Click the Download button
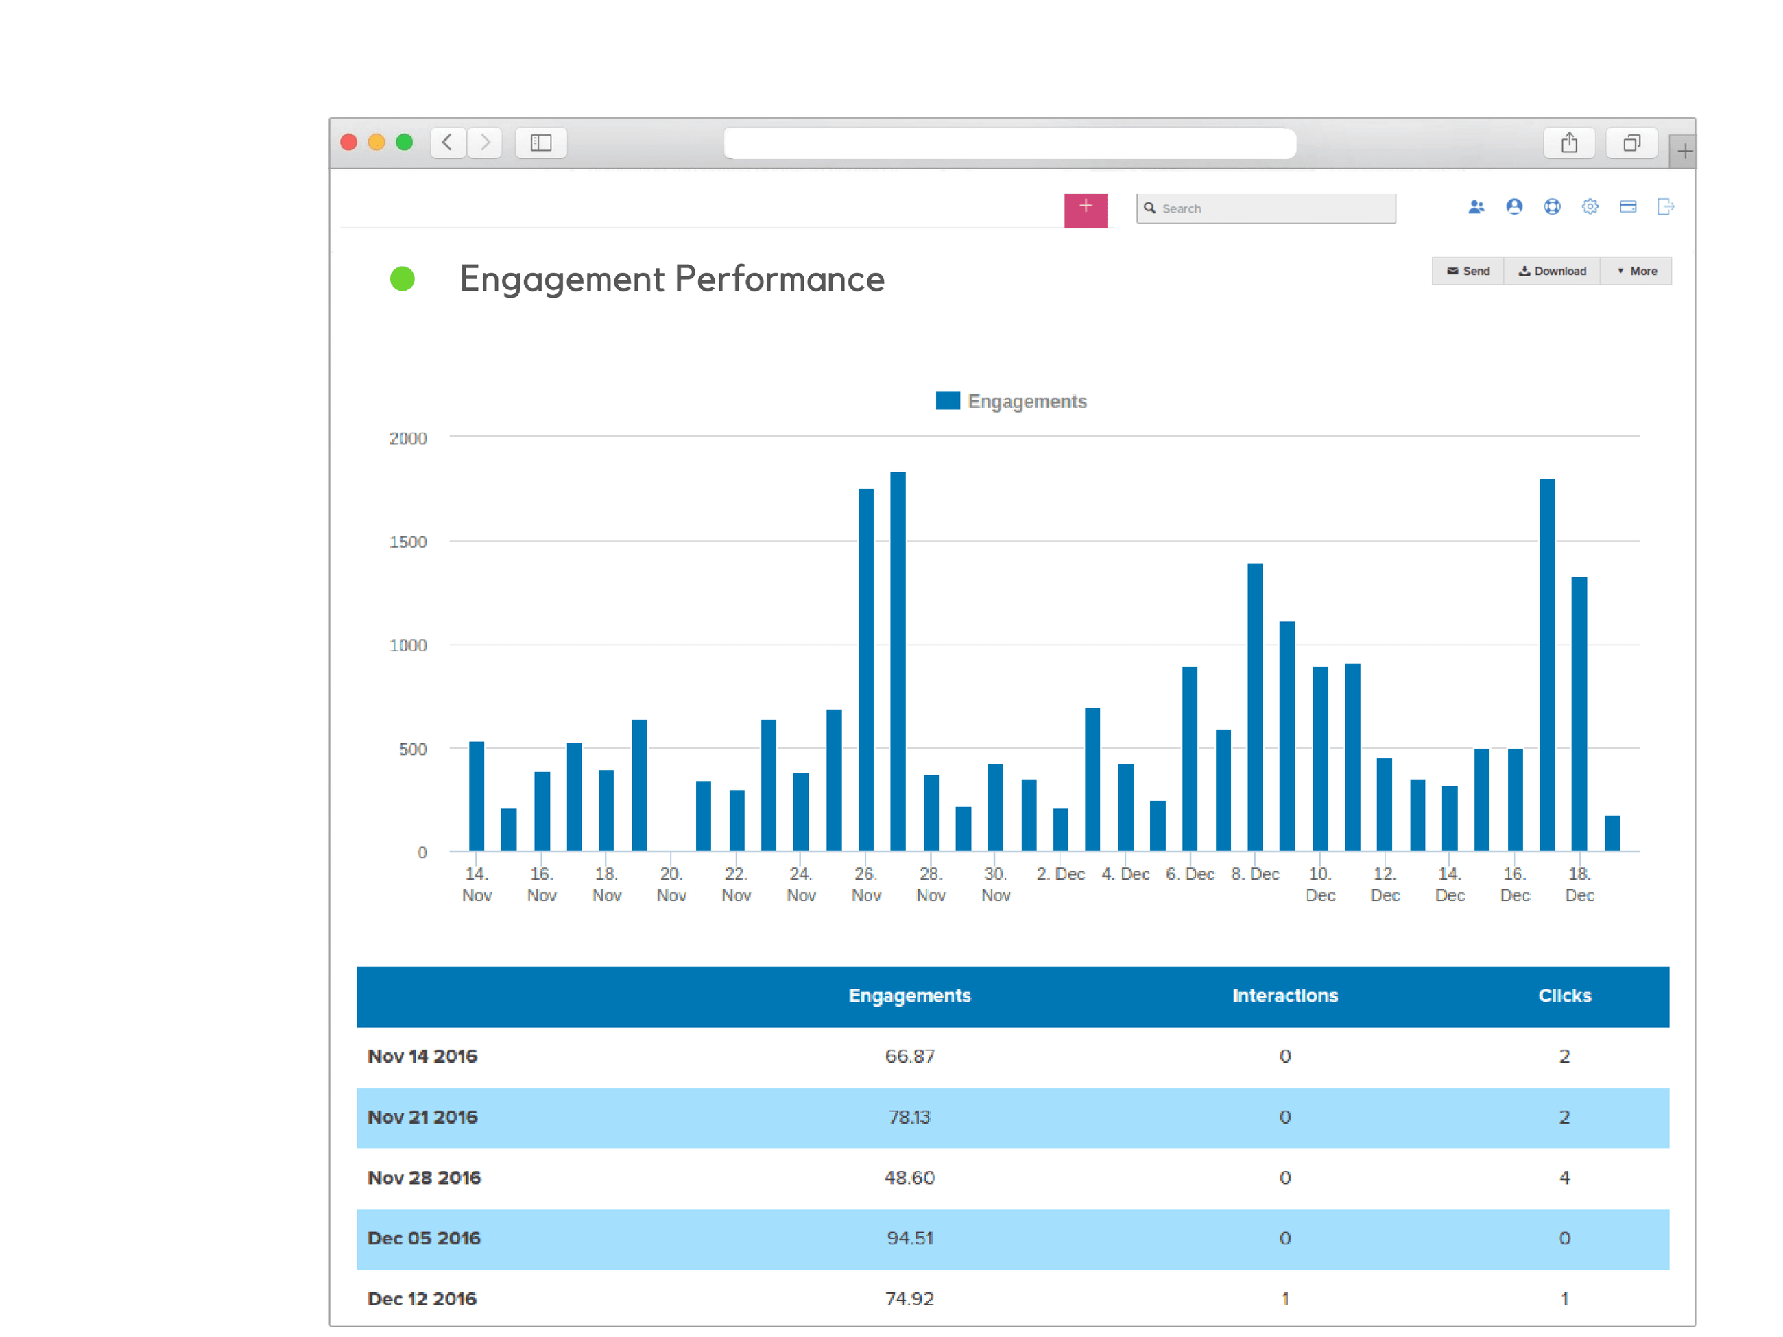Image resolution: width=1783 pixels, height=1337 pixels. pyautogui.click(x=1552, y=271)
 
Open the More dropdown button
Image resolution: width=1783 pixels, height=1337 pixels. pyautogui.click(x=1636, y=271)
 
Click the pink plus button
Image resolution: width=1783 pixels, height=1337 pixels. pyautogui.click(x=1085, y=210)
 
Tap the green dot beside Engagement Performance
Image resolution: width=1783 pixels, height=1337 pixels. pyautogui.click(x=403, y=279)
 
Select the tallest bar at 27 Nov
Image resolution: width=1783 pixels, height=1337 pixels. pyautogui.click(x=898, y=661)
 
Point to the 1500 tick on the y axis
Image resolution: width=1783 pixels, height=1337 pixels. pyautogui.click(x=408, y=542)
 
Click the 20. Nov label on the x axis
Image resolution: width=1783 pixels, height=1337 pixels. pyautogui.click(x=671, y=884)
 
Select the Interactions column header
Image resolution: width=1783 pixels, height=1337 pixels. pyautogui.click(x=1285, y=996)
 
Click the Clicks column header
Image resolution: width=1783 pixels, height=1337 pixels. pyautogui.click(x=1564, y=996)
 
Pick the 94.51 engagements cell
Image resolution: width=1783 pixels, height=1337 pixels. pyautogui.click(x=910, y=1239)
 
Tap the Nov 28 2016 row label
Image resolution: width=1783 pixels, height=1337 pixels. pyautogui.click(x=424, y=1177)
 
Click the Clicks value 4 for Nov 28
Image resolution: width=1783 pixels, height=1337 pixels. pyautogui.click(x=1564, y=1177)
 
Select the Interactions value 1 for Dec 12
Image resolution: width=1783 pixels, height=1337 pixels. pyautogui.click(x=1285, y=1299)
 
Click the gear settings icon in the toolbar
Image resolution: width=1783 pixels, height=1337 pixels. pyautogui.click(x=1590, y=207)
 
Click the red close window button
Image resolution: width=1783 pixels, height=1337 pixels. pyautogui.click(x=349, y=143)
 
